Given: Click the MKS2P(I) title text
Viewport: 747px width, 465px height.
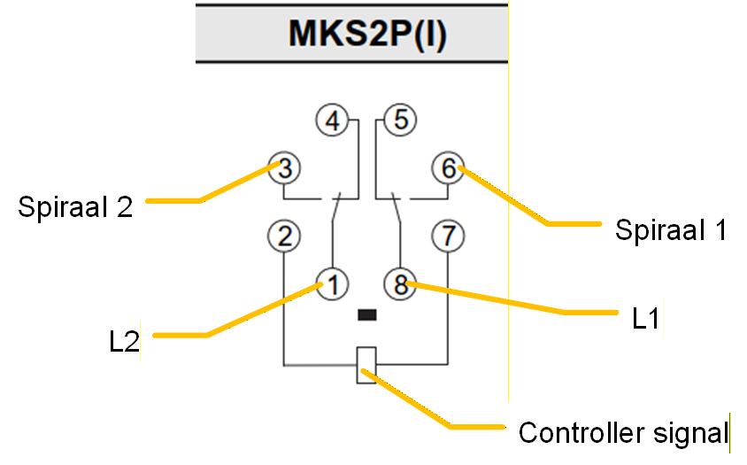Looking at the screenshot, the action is pos(367,34).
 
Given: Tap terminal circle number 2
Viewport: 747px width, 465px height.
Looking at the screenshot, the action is pos(284,236).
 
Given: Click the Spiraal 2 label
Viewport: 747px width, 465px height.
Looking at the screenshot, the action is pos(75,207).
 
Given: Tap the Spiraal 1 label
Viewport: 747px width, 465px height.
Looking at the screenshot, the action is pos(671,230).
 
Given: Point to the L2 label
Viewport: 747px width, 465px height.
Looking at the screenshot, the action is pos(124,342).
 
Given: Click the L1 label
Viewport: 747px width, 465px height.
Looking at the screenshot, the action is pos(645,318).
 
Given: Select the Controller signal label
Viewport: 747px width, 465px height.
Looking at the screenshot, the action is pos(624,433).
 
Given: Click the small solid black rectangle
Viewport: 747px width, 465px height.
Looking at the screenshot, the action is pos(366,314).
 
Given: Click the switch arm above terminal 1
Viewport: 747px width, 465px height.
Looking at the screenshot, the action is pos(336,207).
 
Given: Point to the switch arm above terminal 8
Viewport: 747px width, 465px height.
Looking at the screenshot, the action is pos(396,207).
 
